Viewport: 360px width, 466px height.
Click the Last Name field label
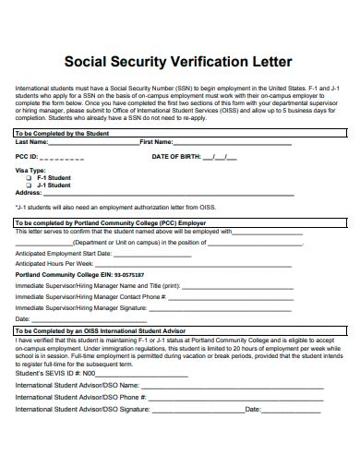coord(32,142)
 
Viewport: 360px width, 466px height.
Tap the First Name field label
coord(155,142)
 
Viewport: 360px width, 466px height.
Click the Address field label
coord(29,192)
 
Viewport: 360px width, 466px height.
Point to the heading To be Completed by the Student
coord(62,134)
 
